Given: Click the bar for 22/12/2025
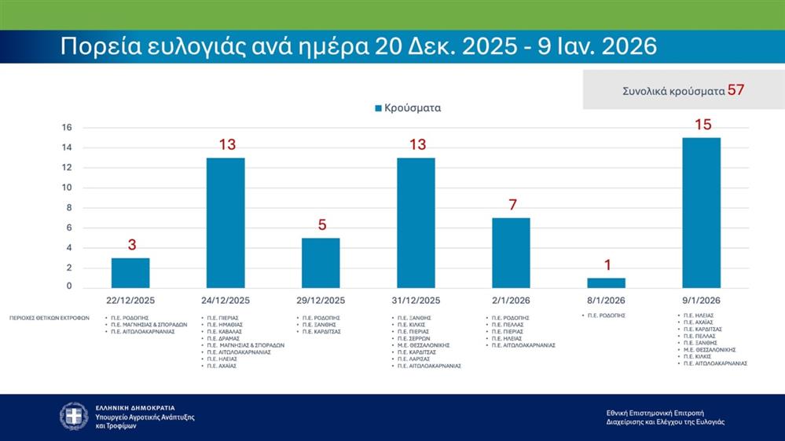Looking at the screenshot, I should point(130,272).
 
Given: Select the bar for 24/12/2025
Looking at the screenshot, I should point(226,223).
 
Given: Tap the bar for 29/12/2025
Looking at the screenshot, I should point(321,263).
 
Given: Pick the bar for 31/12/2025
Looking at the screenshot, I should point(416,223).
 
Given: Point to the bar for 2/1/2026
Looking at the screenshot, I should point(511,253).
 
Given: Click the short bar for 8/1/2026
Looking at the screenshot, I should point(607,282).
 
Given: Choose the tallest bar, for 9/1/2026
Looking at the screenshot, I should point(702,213).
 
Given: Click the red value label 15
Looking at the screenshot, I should point(702,124).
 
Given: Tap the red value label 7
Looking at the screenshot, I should point(512,205).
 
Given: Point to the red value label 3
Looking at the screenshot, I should point(131,245).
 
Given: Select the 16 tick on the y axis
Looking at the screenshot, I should point(67,127).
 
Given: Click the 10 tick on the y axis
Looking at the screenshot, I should point(67,188).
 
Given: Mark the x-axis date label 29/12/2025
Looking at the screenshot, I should point(321,301).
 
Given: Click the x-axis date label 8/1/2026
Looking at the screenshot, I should point(607,301).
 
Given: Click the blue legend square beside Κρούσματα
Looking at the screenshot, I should point(379,108).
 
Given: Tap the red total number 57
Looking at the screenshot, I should point(735,89).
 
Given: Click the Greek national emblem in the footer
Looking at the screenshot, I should point(74,416).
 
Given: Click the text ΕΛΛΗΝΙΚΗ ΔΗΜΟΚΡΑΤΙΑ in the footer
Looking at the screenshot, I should point(135,408).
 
